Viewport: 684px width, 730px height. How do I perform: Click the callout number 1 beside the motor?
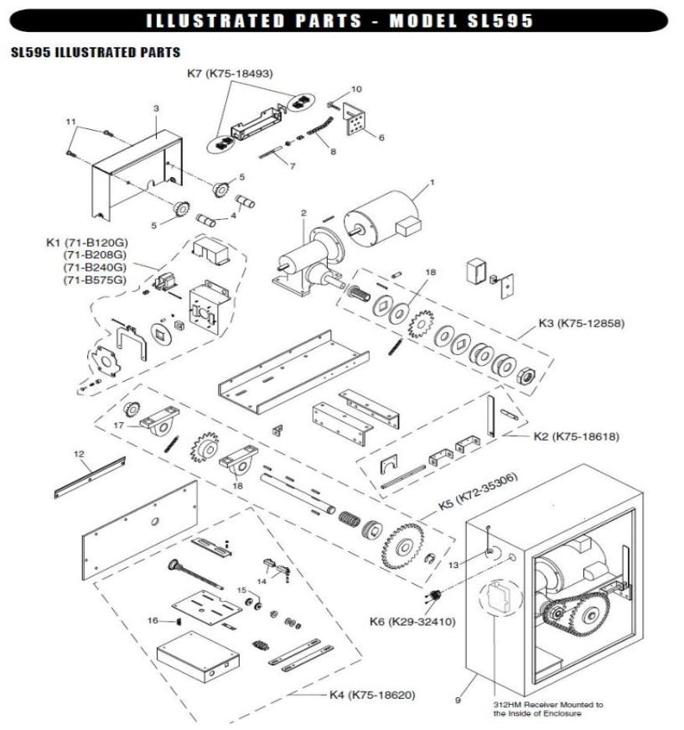[x=433, y=181]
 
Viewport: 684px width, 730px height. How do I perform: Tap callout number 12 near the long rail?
[x=80, y=454]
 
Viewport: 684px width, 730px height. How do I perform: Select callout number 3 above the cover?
[x=156, y=108]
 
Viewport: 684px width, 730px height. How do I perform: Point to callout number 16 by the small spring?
[x=153, y=620]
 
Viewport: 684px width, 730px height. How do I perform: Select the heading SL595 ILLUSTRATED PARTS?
[x=95, y=53]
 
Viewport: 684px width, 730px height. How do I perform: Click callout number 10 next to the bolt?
[x=356, y=88]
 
